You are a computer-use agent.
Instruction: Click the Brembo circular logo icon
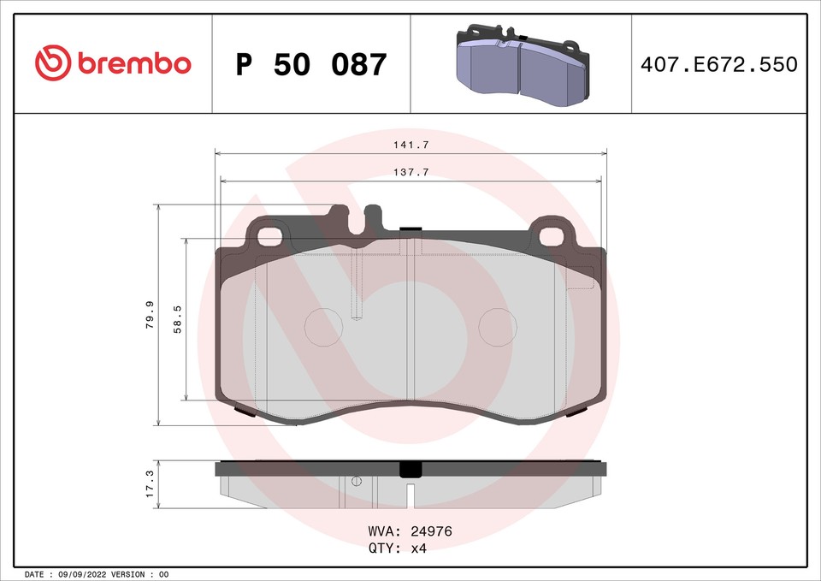54,63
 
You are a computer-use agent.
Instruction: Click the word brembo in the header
134,63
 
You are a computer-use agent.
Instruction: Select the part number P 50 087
311,64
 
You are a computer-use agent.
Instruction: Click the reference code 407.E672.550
718,64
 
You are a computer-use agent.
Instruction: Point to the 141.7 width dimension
410,145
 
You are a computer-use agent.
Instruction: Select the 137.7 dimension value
410,173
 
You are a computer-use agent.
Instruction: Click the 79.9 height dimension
150,315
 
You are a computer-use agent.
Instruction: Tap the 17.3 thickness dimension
150,484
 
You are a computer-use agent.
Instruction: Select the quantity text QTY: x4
397,548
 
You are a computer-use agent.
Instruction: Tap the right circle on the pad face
496,327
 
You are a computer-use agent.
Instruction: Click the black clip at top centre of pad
410,229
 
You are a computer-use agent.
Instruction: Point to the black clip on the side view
410,469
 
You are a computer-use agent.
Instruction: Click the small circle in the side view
357,481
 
